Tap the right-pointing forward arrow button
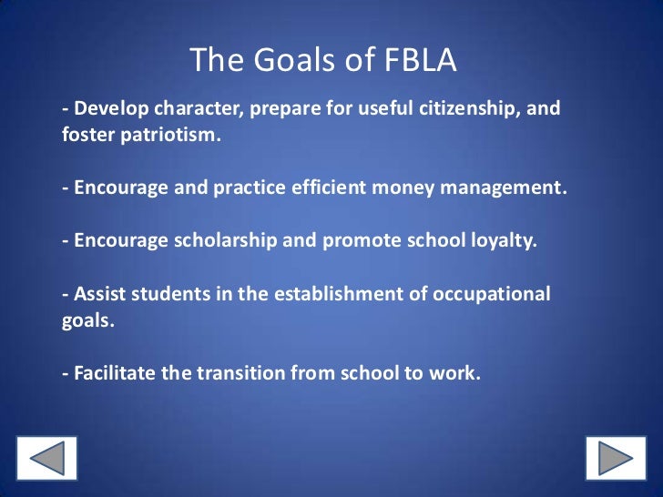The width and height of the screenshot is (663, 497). (615, 459)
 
